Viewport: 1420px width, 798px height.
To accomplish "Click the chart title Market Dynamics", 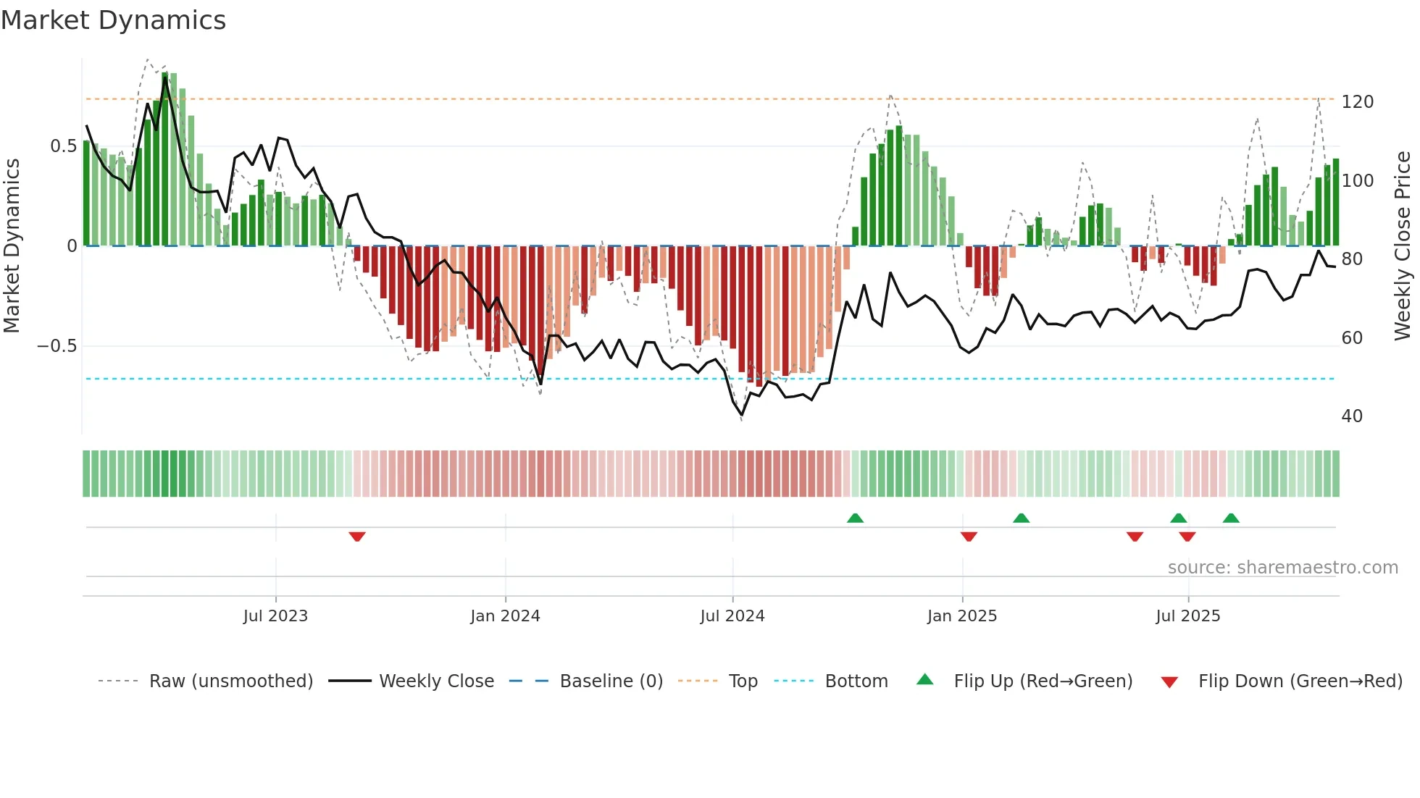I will tap(114, 20).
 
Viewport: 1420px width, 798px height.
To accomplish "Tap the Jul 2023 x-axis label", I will tap(275, 616).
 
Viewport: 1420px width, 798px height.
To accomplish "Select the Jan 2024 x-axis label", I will tap(505, 616).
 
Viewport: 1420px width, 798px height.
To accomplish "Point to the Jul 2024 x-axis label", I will tap(732, 616).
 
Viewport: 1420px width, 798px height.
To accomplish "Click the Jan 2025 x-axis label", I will tap(962, 616).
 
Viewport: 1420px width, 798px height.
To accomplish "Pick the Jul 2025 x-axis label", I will tap(1188, 616).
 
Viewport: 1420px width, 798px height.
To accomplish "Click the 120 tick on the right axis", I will tap(1357, 102).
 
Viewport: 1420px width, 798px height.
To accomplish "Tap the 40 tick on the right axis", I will tap(1352, 416).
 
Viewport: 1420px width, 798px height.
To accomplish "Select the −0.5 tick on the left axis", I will tap(57, 346).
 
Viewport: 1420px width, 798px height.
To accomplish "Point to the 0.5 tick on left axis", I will tap(63, 146).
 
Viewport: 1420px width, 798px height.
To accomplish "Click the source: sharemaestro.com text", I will tap(1282, 568).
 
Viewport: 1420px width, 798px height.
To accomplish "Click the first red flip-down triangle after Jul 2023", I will tap(357, 537).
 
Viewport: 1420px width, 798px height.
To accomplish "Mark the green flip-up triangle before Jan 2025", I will tap(855, 518).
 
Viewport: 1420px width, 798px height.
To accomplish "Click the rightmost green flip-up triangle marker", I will tap(1231, 518).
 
